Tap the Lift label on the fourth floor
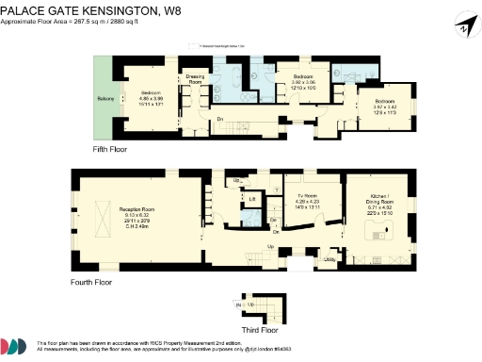click(x=251, y=199)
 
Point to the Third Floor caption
click(x=260, y=331)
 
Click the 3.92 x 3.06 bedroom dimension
click(x=302, y=82)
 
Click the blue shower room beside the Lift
click(x=251, y=219)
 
